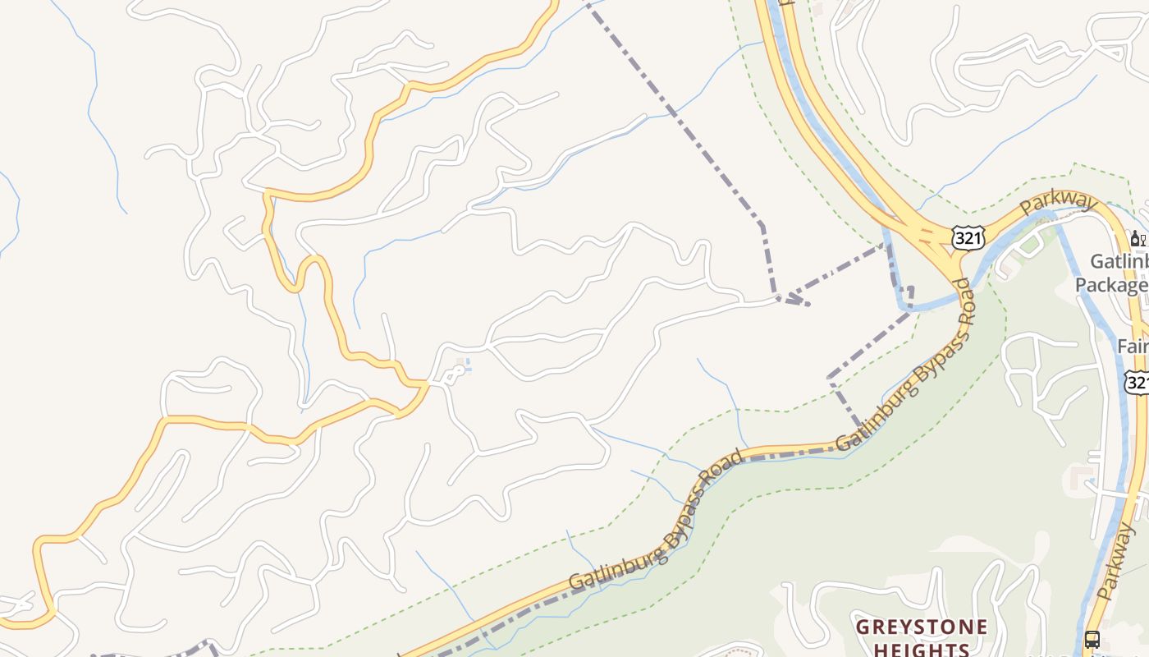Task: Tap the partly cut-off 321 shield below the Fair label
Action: coord(1138,383)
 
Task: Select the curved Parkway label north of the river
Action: coord(1059,203)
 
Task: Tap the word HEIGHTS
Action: coord(920,650)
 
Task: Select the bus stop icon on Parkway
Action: coord(1092,639)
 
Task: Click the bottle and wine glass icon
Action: coord(1138,239)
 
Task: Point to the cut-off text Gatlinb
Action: coord(1119,262)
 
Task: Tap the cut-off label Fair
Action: coord(1133,347)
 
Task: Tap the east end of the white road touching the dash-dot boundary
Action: coord(778,299)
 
